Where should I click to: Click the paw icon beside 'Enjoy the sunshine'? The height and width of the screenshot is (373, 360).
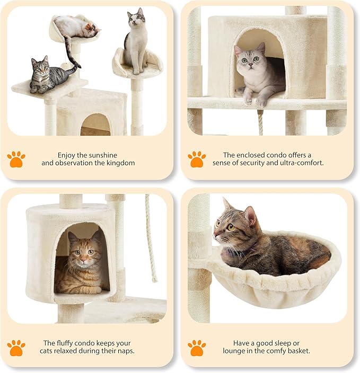pos(16,159)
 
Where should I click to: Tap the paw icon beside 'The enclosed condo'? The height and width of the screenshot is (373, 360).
pos(197,159)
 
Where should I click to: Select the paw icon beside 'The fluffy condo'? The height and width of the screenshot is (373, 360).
pos(16,348)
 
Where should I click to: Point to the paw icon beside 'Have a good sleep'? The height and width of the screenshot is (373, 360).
pos(197,348)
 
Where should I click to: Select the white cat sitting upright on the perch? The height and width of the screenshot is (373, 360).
pos(136,41)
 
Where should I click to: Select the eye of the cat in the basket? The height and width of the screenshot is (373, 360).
pos(231,227)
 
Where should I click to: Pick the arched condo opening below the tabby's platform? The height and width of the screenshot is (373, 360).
pos(95,125)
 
